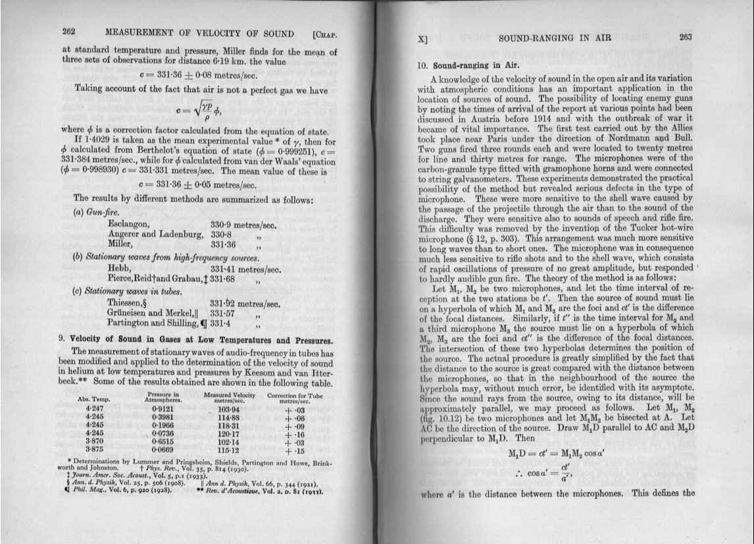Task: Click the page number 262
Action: (x=72, y=32)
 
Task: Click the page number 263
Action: (x=686, y=37)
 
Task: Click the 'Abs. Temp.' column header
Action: (x=93, y=399)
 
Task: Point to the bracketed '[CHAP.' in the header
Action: (x=326, y=33)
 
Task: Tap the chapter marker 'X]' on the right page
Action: (x=424, y=40)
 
